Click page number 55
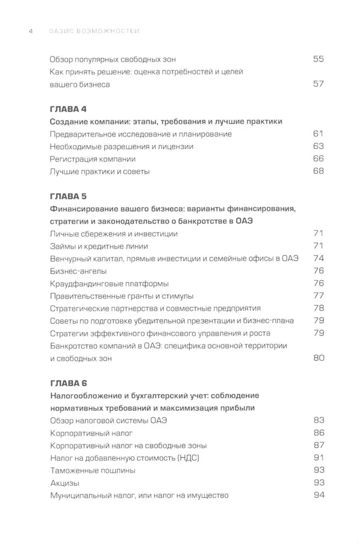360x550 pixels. click(318, 59)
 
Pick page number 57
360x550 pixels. click(318, 84)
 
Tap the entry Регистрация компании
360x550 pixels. click(92, 159)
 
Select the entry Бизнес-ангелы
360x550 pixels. click(78, 271)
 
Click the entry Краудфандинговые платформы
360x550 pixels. click(109, 284)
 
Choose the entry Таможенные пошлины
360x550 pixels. click(92, 470)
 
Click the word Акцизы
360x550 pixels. click(64, 483)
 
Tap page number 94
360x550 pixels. click(318, 495)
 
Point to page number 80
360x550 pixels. click(318, 358)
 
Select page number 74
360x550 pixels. click(318, 258)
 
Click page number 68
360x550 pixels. click(318, 172)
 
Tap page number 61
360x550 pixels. click(318, 134)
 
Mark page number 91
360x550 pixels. click(318, 458)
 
